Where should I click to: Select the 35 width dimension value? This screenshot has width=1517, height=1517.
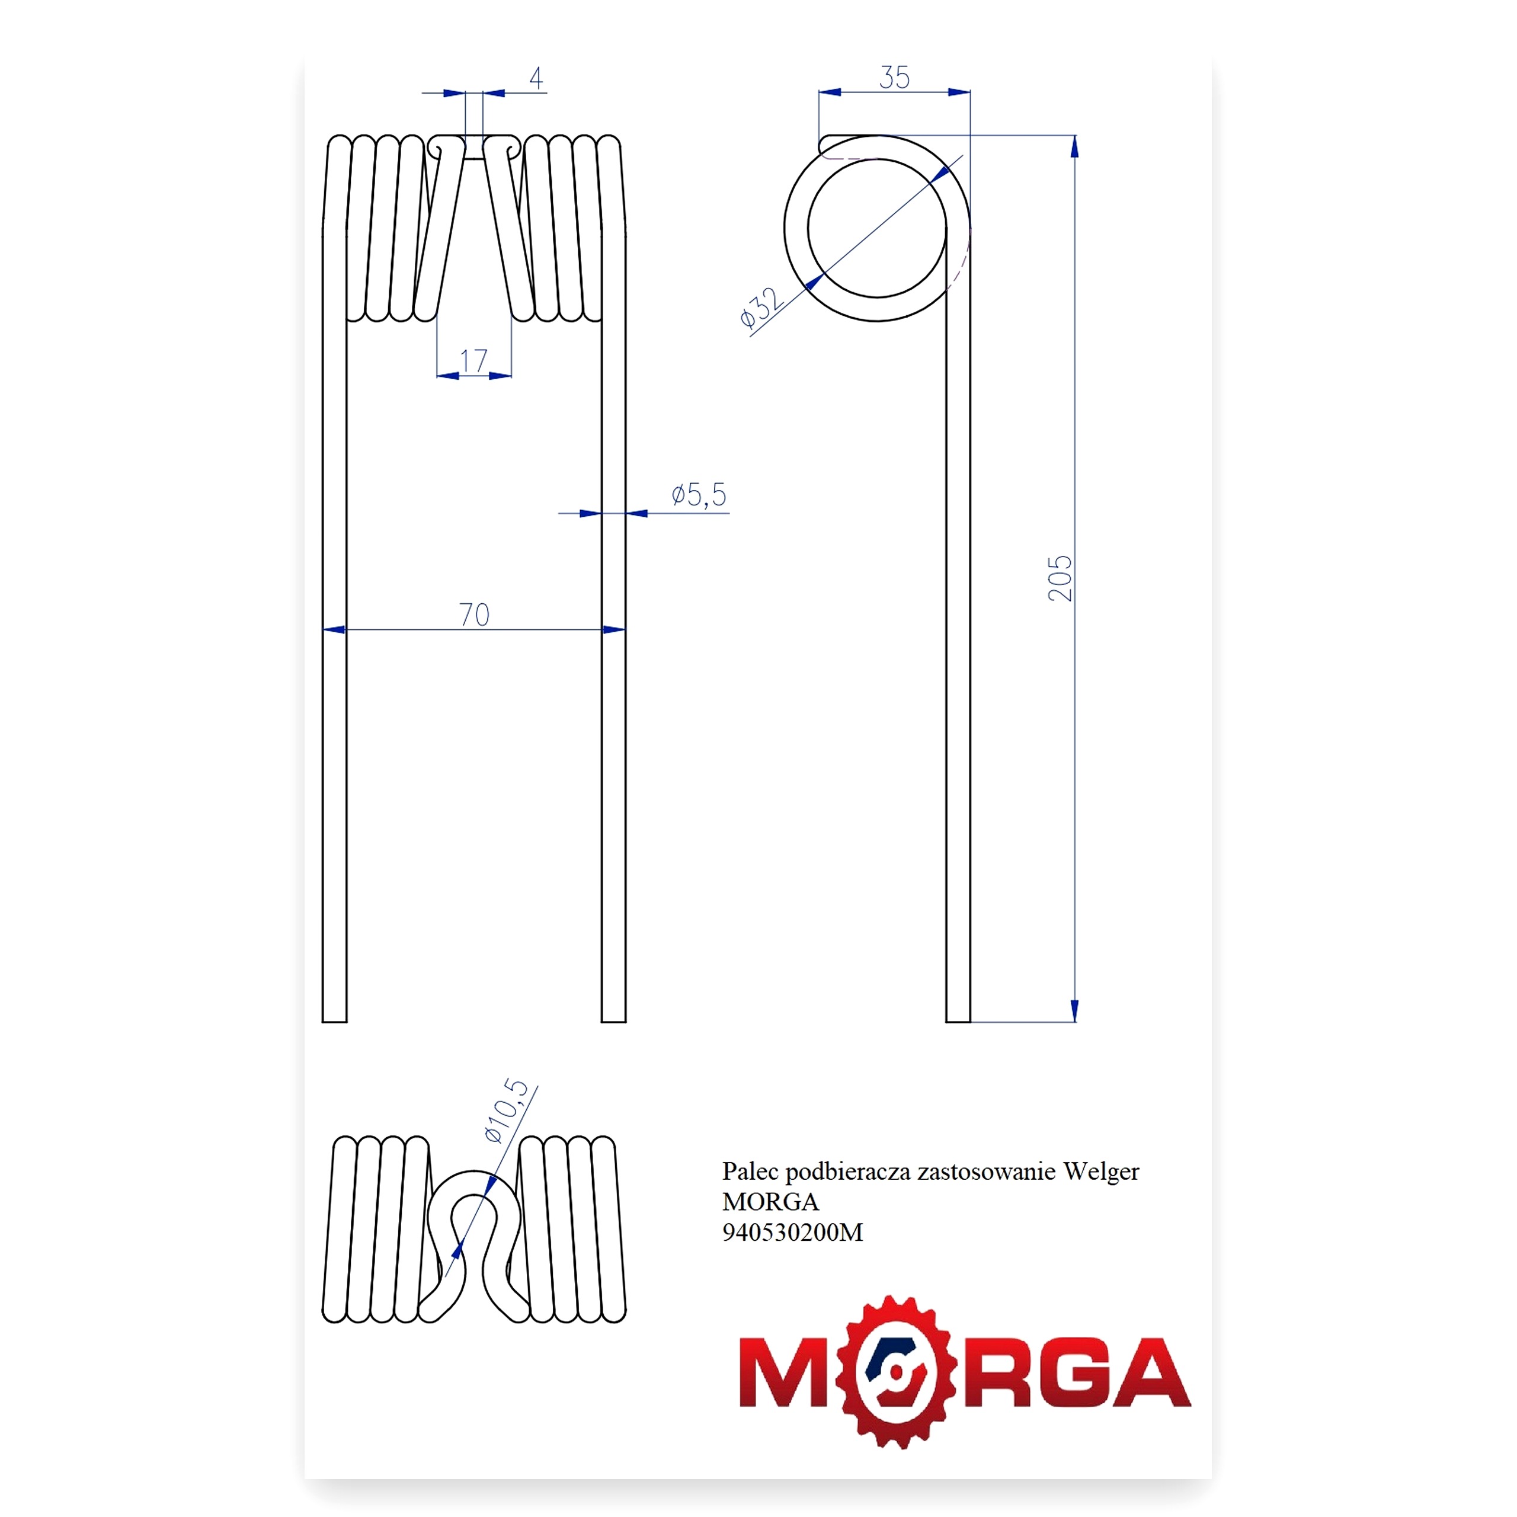(894, 78)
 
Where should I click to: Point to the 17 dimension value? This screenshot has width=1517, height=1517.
(473, 361)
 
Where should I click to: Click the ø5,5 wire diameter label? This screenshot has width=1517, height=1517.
(699, 495)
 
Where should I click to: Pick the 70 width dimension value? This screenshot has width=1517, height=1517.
(474, 614)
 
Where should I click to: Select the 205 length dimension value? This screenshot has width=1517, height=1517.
(1060, 578)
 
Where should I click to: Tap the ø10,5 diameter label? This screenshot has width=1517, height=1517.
(507, 1110)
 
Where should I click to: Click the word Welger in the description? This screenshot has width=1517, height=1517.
(1101, 1172)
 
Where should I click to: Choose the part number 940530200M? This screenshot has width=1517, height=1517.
(792, 1232)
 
